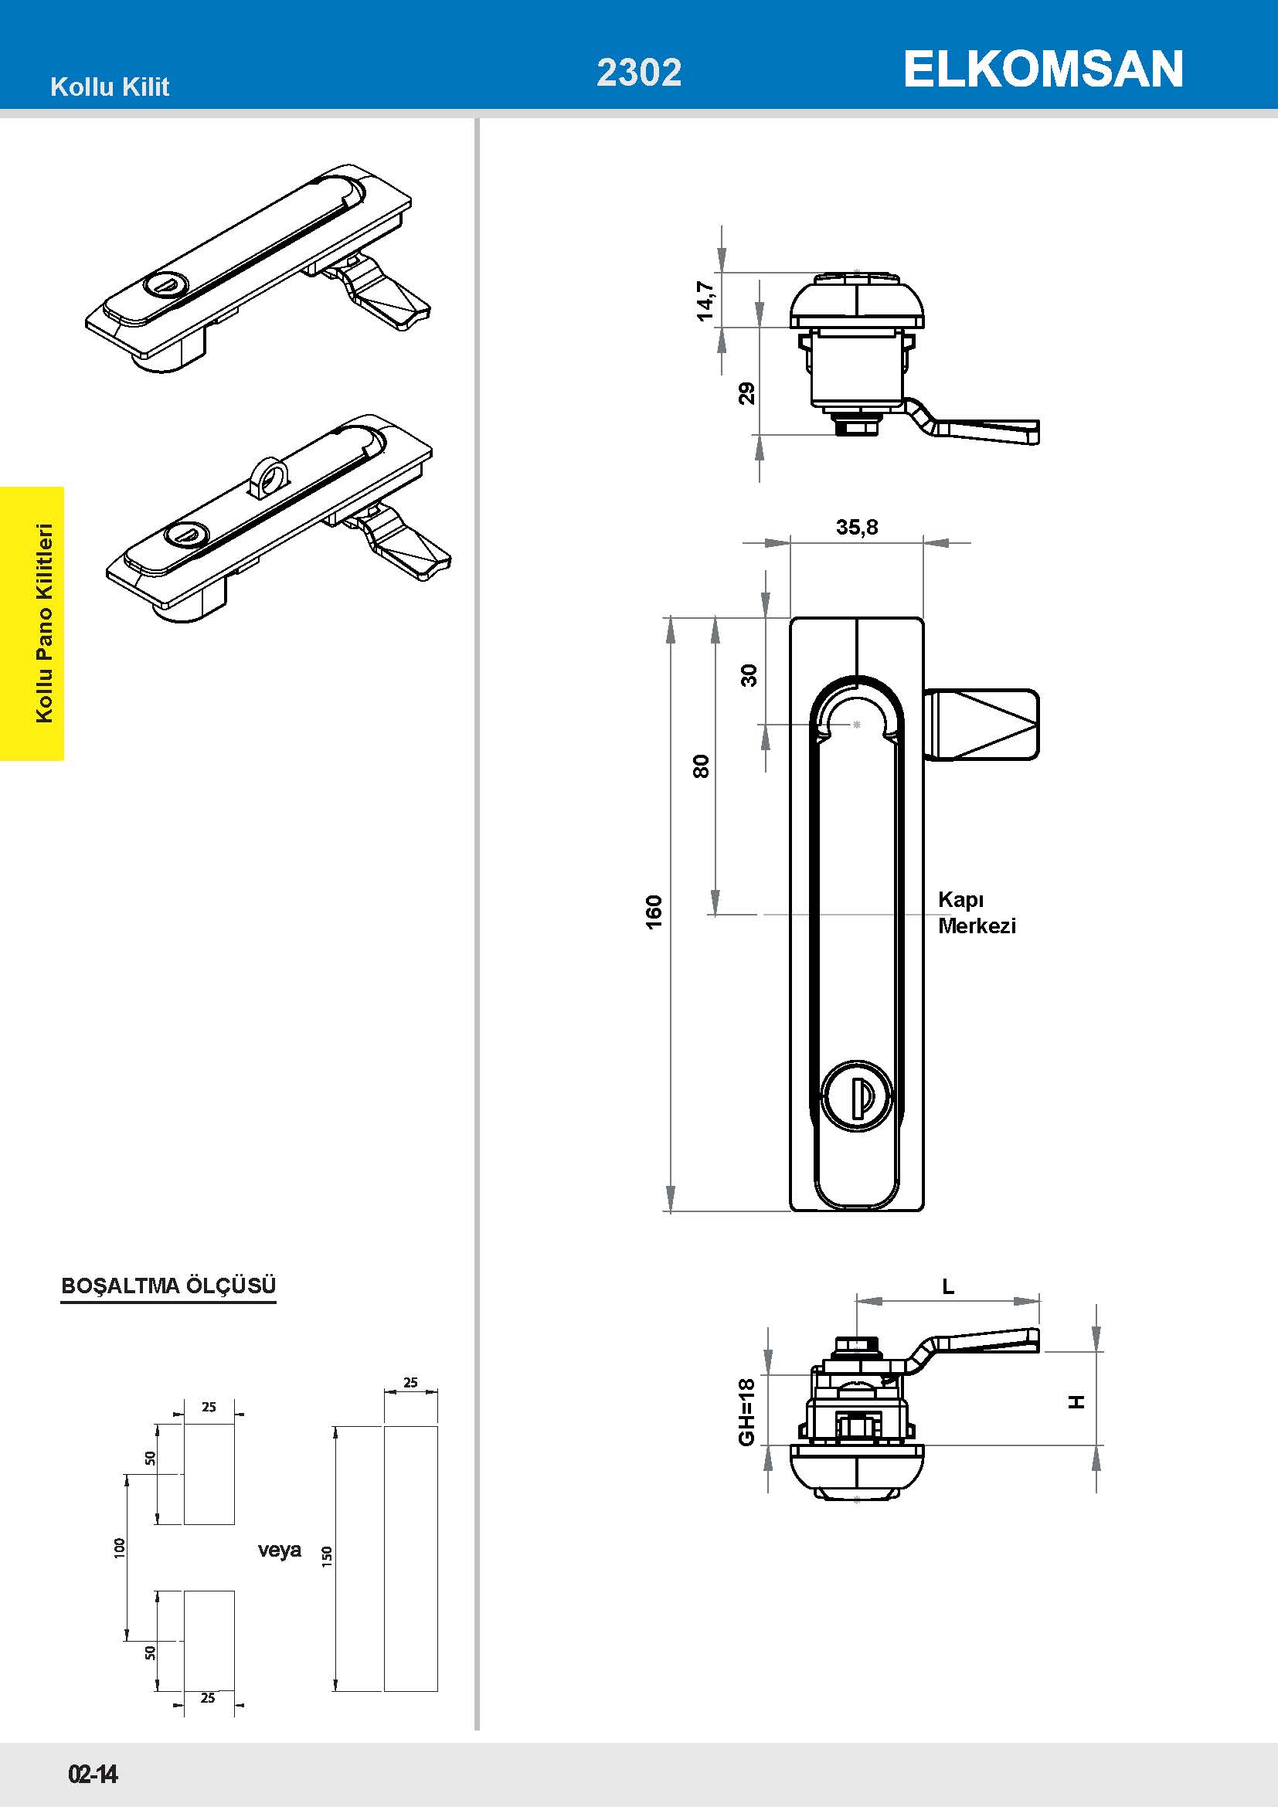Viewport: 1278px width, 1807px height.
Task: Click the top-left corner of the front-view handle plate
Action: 790,618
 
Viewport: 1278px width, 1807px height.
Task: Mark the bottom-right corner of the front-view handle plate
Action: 924,1211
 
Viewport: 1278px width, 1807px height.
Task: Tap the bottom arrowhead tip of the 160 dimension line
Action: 671,1211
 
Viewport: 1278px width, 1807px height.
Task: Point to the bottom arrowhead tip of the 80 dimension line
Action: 715,915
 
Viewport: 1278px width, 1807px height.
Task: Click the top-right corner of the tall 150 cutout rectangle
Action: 437,1425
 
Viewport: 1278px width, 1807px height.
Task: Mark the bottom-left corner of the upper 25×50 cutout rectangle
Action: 184,1523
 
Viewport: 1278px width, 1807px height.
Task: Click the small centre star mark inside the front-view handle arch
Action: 857,724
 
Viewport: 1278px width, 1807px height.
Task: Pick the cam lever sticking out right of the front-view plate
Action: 981,725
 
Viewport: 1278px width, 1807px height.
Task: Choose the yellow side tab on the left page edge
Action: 32,623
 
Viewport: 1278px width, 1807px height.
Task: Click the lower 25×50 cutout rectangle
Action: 209,1641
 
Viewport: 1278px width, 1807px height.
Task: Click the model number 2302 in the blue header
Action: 639,73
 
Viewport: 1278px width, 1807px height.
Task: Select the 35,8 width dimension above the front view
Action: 857,527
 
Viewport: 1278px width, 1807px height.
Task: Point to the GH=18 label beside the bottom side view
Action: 747,1411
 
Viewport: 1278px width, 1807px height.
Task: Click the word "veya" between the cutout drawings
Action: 280,1550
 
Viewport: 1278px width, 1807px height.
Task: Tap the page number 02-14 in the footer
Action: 93,1773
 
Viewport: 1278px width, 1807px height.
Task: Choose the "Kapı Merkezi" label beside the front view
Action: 977,912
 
